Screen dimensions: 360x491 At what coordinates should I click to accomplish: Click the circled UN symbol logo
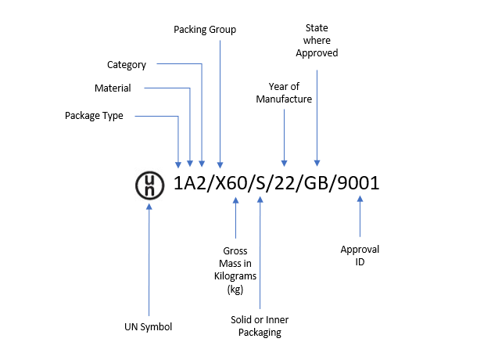tap(149, 185)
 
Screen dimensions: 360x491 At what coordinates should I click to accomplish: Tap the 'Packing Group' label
tap(204, 30)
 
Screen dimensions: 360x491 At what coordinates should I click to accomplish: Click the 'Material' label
tap(113, 88)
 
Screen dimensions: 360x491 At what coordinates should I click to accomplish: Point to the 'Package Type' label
tap(95, 116)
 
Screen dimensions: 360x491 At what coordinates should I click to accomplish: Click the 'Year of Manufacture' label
tap(285, 93)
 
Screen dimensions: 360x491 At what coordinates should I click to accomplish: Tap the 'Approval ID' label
tap(360, 256)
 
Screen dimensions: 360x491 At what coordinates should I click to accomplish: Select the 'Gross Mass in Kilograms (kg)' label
tap(235, 270)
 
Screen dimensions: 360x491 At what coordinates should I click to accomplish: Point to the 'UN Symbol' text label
tap(148, 326)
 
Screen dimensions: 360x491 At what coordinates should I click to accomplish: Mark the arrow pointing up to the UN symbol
tap(149, 258)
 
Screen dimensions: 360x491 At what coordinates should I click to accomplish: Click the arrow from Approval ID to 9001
tap(360, 217)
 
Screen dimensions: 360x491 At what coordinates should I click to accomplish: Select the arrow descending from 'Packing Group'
tap(220, 102)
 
